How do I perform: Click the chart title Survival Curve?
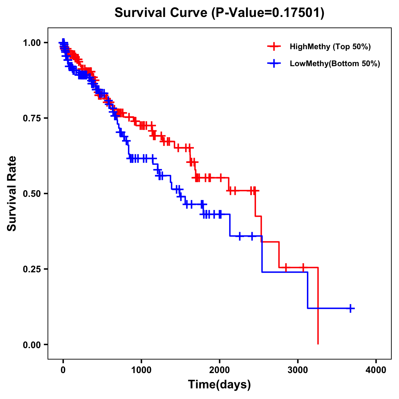[162, 13]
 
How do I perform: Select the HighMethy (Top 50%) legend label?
[330, 47]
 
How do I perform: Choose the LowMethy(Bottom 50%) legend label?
[335, 64]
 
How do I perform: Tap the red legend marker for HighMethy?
[274, 47]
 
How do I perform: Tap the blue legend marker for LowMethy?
[274, 64]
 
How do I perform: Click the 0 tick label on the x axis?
[63, 370]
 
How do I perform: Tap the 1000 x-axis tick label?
[141, 370]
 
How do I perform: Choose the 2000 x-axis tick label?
[219, 370]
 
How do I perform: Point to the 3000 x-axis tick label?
[298, 370]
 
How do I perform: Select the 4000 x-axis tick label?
[376, 370]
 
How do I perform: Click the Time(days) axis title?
[219, 385]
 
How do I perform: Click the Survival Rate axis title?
[12, 193]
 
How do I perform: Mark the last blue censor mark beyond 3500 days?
[350, 308]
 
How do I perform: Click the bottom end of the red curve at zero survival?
[318, 344]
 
